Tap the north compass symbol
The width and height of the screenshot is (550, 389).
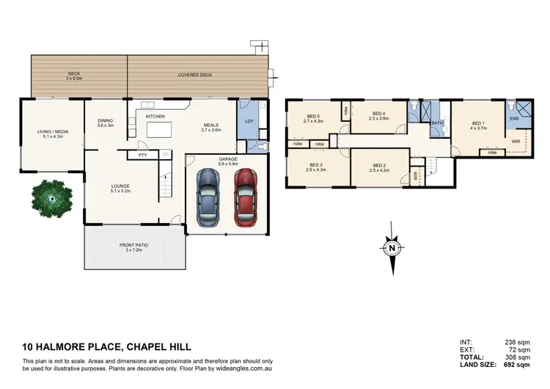[x=392, y=247]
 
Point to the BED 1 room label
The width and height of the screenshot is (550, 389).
[x=478, y=125]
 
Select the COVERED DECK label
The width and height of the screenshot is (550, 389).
[x=194, y=75]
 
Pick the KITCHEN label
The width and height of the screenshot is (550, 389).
[x=155, y=117]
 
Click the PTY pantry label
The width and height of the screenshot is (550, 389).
[x=142, y=155]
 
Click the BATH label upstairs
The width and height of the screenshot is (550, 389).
[x=438, y=123]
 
